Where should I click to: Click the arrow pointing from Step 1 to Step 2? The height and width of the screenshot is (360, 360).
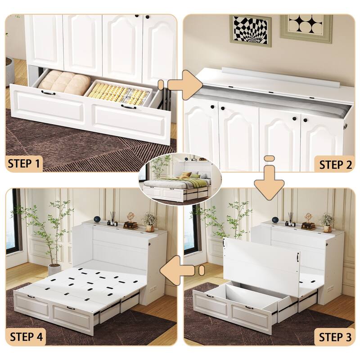point(182,84)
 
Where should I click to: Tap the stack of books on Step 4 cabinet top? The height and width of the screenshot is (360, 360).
point(130,225)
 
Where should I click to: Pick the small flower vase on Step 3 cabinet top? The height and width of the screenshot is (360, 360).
point(327,220)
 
